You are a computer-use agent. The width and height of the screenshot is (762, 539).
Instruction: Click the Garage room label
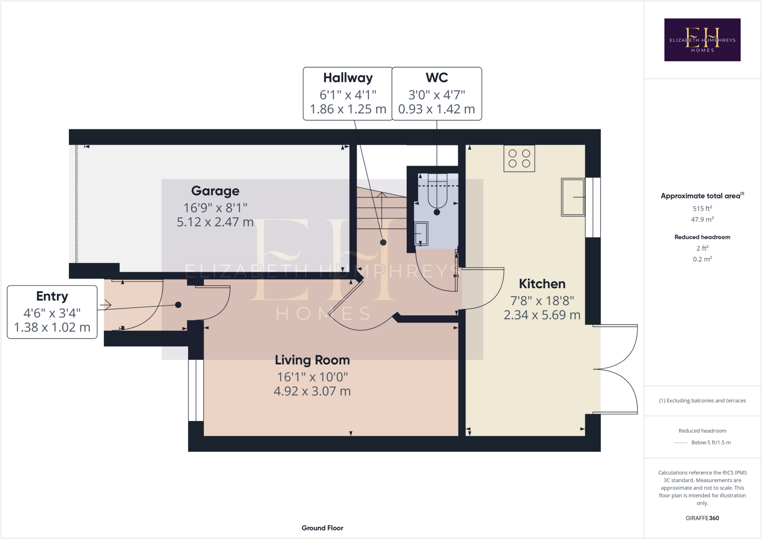[x=215, y=191]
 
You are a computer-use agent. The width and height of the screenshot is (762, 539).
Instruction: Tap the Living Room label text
[x=312, y=360]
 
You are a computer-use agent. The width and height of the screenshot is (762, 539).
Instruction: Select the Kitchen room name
[x=542, y=284]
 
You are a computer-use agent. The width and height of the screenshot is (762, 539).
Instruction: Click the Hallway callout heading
[x=348, y=78]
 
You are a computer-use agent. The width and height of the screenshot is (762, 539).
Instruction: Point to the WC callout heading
[x=436, y=78]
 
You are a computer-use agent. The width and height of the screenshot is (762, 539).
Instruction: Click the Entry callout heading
[x=52, y=296]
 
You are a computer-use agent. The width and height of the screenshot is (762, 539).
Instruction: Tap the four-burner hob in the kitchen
[x=519, y=158]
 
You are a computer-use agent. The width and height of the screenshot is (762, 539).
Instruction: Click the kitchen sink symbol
[x=573, y=197]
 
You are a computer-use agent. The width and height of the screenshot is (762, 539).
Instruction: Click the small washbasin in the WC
[x=421, y=234]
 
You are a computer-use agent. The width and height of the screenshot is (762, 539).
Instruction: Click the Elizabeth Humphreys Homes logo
[x=702, y=40]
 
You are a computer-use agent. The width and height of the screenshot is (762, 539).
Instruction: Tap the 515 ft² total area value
[x=702, y=209]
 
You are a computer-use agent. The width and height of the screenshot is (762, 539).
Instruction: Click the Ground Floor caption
[x=322, y=528]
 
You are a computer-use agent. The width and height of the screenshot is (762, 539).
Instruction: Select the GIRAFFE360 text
[x=702, y=518]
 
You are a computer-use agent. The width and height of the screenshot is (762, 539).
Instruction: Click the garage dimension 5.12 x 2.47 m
[x=215, y=222]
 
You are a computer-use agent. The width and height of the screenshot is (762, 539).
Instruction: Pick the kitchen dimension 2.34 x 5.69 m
[x=542, y=315]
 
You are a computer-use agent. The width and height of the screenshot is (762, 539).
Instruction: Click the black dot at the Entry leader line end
[x=178, y=305]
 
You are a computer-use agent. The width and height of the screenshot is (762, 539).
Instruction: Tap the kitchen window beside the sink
[x=593, y=207]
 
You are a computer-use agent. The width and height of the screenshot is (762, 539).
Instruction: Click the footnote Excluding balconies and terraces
[x=702, y=401]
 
